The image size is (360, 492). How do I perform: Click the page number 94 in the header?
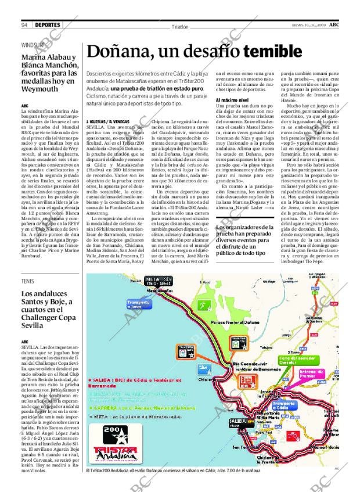pos(25,24)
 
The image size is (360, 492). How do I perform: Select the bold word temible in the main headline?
pos(268,52)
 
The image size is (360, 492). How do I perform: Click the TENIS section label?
pos(27,281)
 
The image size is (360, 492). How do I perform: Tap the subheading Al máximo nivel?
pos(233,100)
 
